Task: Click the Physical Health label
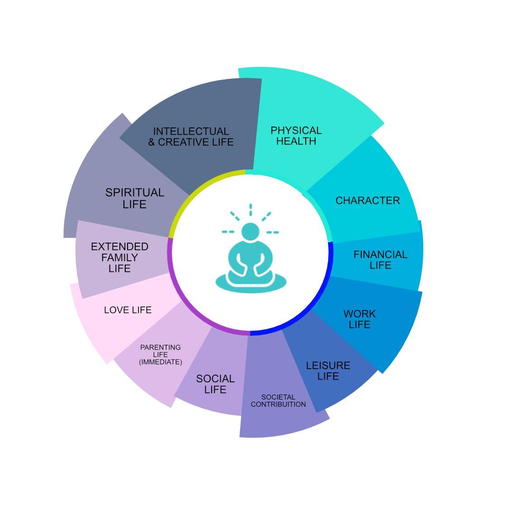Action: pyautogui.click(x=296, y=136)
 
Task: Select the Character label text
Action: pyautogui.click(x=367, y=201)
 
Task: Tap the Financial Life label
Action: pyautogui.click(x=380, y=260)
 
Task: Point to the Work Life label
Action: pyautogui.click(x=360, y=319)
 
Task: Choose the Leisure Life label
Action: pyautogui.click(x=328, y=371)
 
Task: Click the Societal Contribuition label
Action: pyautogui.click(x=278, y=401)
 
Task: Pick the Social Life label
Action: pyautogui.click(x=215, y=384)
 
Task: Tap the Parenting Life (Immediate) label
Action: pyautogui.click(x=161, y=355)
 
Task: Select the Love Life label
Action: pyautogui.click(x=128, y=310)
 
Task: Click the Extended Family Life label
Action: pyautogui.click(x=119, y=258)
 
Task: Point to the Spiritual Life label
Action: pyautogui.click(x=135, y=198)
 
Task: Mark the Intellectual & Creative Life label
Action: pyautogui.click(x=191, y=136)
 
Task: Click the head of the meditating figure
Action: pyautogui.click(x=250, y=232)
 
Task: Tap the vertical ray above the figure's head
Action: pyautogui.click(x=251, y=210)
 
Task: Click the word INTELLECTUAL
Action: pyautogui.click(x=191, y=131)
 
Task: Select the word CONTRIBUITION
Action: pyautogui.click(x=278, y=404)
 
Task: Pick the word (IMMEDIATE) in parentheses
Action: pyautogui.click(x=161, y=362)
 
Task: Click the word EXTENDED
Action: pyautogui.click(x=119, y=247)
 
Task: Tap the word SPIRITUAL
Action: pyautogui.click(x=135, y=193)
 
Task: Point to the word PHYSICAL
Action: pyautogui.click(x=296, y=131)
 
